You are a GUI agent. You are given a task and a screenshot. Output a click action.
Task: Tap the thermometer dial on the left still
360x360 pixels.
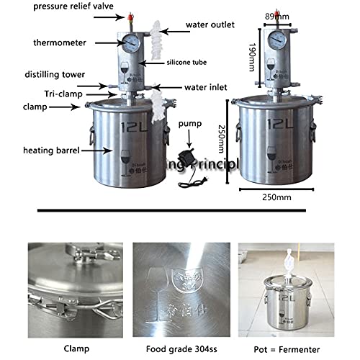130,42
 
